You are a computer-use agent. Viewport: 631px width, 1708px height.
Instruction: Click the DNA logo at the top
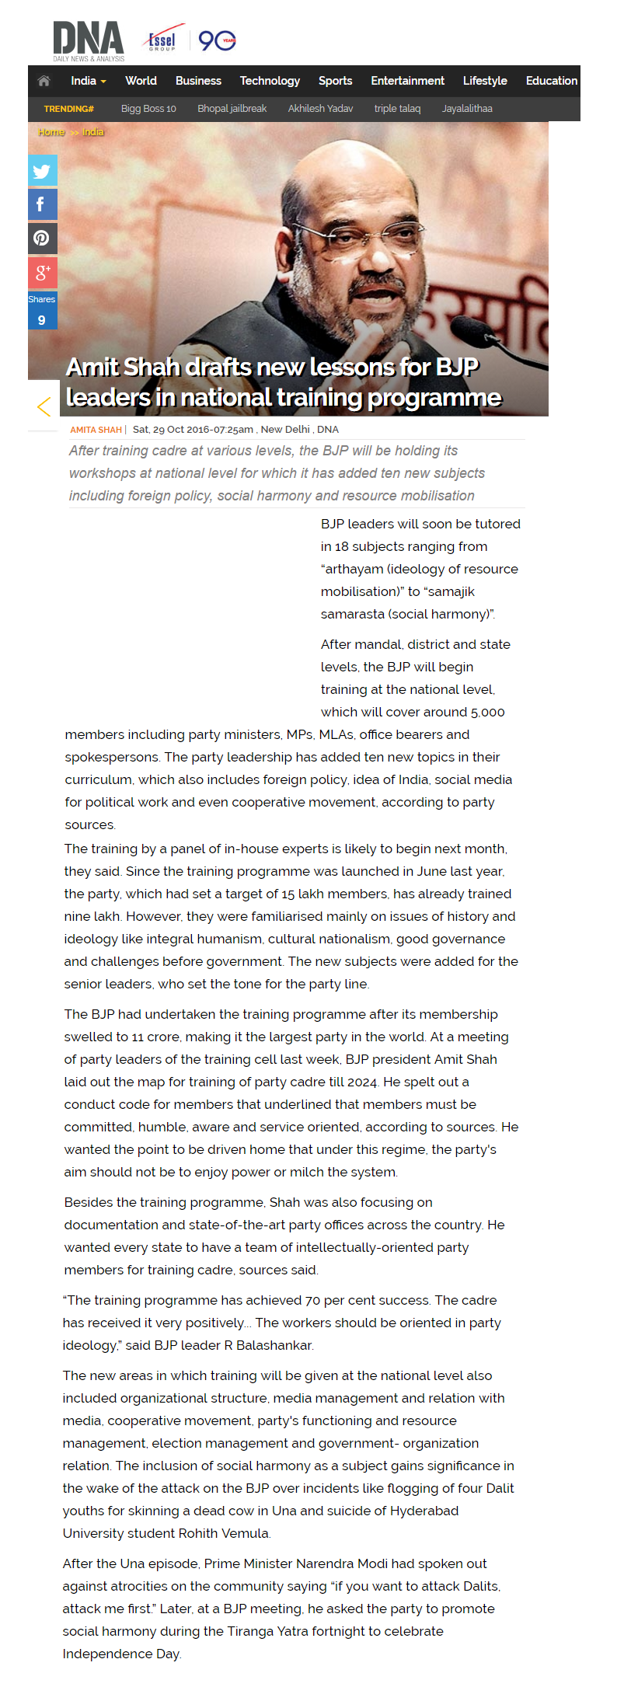(88, 40)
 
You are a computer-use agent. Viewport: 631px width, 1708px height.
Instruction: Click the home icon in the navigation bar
(44, 81)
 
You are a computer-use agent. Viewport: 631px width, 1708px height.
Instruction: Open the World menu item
(141, 81)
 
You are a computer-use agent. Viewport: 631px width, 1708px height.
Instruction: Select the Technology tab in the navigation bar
(270, 81)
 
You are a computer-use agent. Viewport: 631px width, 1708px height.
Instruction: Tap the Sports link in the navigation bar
(335, 81)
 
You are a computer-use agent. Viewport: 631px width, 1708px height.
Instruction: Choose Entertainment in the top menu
(407, 81)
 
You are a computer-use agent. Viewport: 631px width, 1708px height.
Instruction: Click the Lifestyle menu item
(485, 81)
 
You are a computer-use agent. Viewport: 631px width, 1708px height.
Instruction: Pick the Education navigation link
(551, 81)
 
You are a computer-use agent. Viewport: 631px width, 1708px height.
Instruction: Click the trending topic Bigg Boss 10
(148, 109)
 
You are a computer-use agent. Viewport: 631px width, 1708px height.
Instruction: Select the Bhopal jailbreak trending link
(232, 109)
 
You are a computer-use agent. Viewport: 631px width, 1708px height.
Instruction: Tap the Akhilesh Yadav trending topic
(320, 109)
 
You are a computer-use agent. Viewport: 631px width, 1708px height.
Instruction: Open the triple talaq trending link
(397, 109)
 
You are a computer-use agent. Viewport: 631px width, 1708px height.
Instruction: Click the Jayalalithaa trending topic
(467, 109)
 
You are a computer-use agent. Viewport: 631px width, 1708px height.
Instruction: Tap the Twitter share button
(42, 171)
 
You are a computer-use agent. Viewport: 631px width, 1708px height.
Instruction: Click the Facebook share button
(42, 204)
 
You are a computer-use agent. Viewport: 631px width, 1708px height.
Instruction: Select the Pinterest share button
(42, 238)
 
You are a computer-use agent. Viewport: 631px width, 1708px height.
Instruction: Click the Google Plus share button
(42, 272)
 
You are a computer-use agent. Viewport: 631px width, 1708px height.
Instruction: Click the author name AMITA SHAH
(96, 430)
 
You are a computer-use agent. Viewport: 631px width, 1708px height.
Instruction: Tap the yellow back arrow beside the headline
(44, 406)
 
